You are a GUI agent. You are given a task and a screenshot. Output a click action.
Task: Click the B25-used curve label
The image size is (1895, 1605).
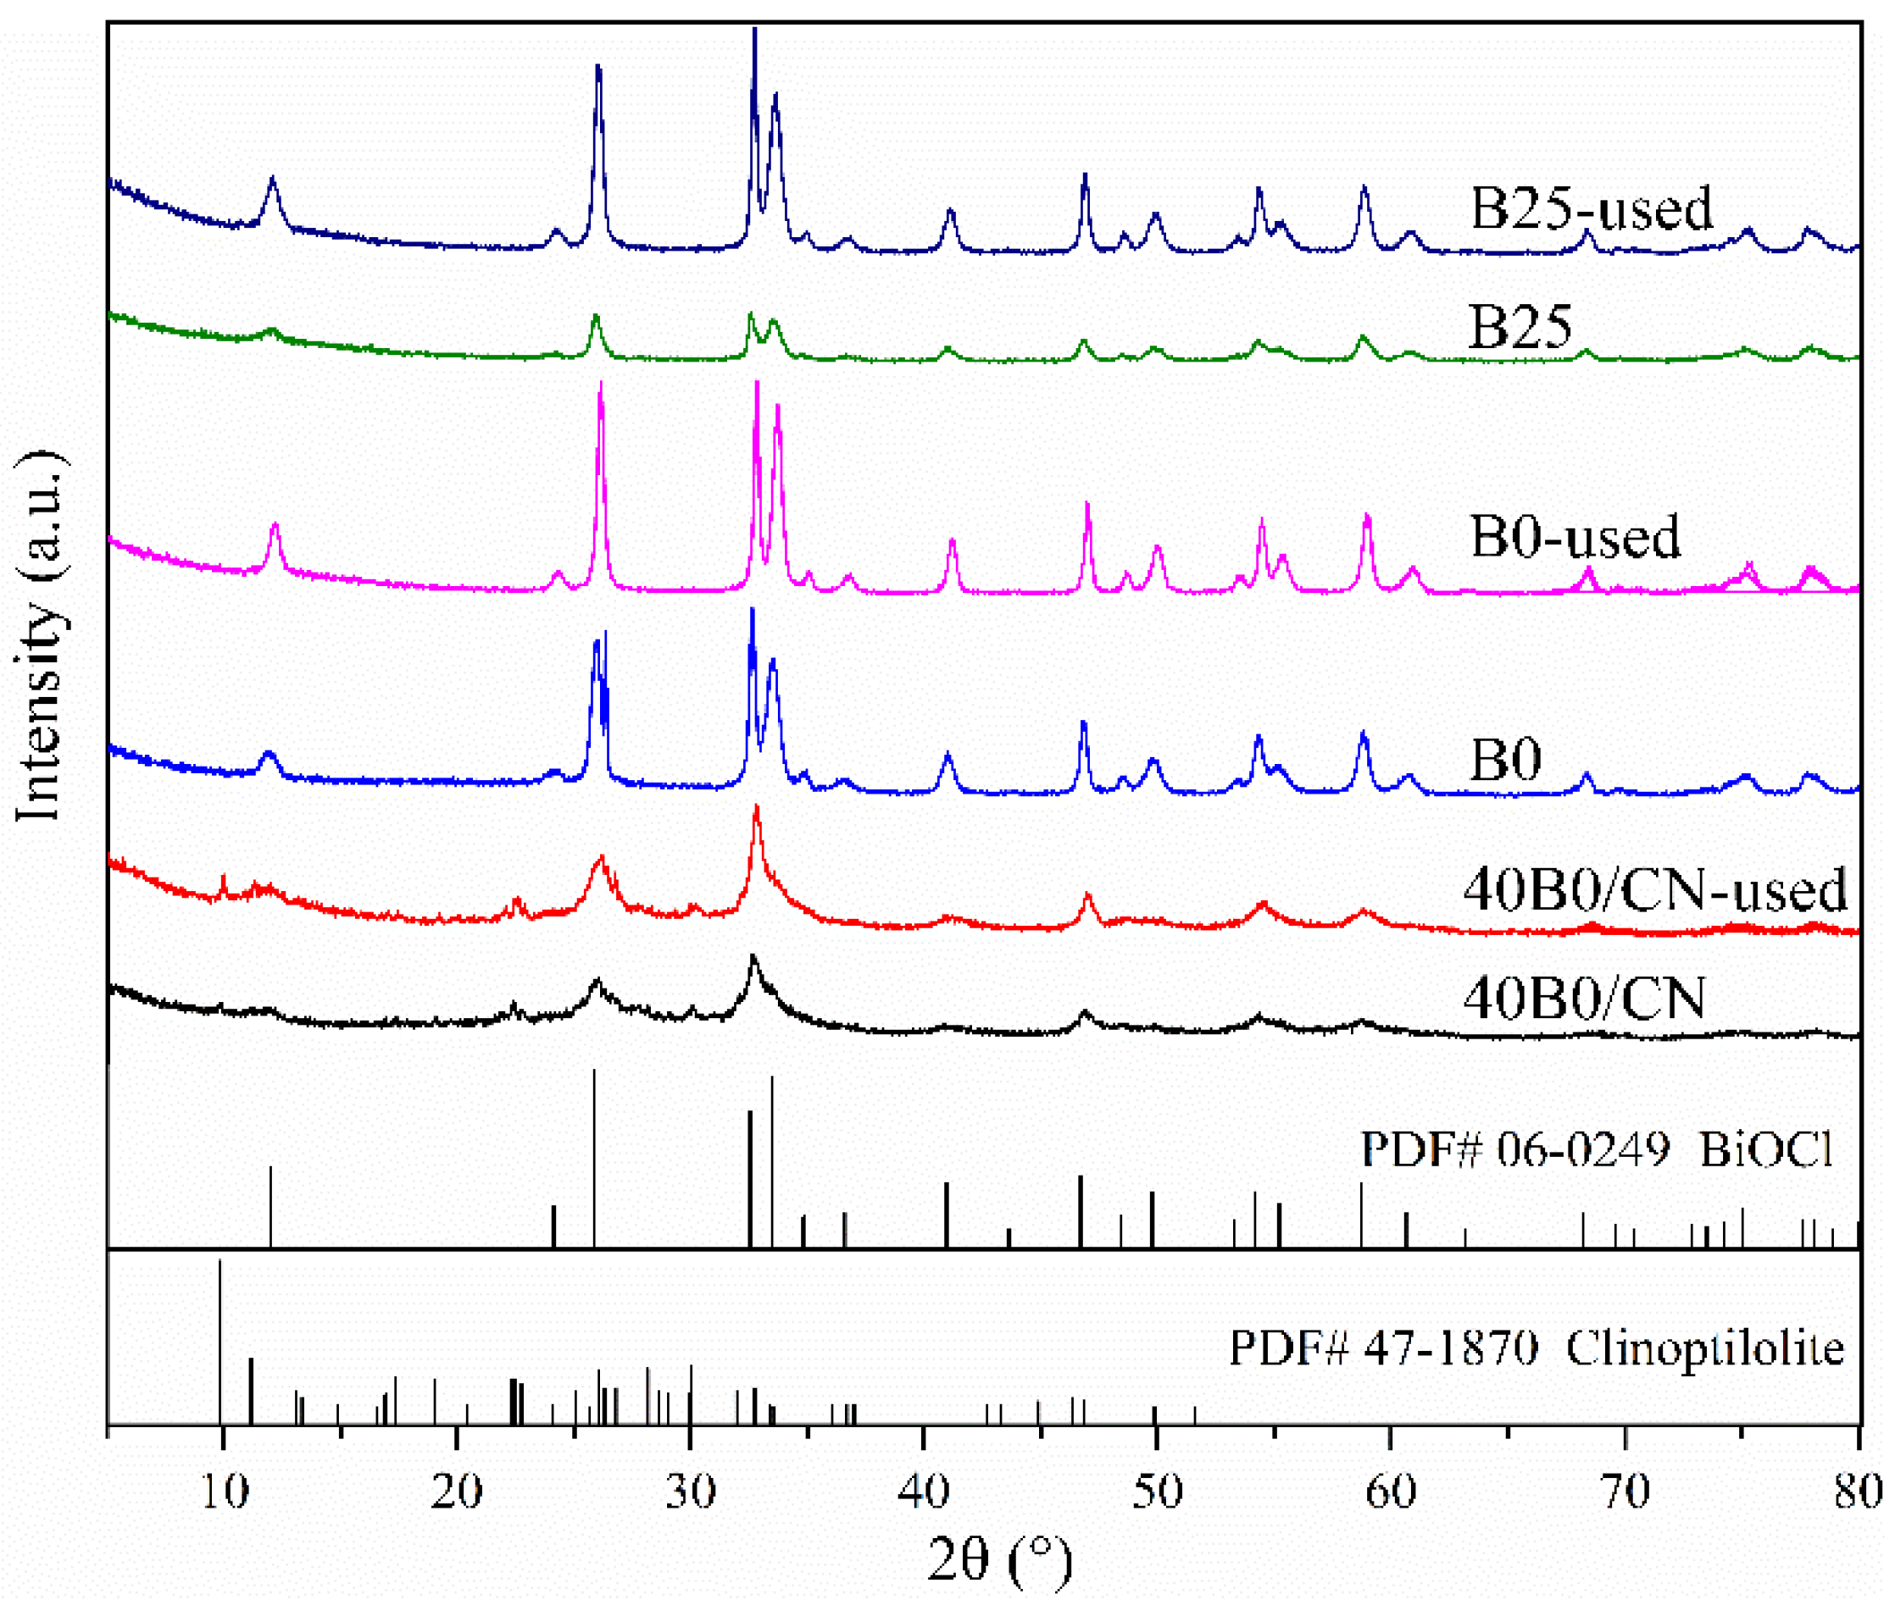tap(1591, 208)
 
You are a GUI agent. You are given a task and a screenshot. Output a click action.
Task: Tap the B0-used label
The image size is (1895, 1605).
tap(1575, 536)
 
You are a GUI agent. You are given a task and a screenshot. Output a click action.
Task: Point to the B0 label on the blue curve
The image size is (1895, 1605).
tap(1505, 757)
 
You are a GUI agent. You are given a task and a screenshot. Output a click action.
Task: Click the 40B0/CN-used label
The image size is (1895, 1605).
tap(1654, 889)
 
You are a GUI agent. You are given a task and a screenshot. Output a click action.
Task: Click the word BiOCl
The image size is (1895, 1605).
tap(1764, 1149)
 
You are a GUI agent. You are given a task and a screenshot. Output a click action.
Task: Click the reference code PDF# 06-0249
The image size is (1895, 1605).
tap(1514, 1149)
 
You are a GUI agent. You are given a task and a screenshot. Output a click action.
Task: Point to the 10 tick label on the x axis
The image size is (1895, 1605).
tap(222, 1492)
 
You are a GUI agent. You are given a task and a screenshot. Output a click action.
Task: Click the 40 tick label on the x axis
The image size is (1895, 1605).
tap(923, 1492)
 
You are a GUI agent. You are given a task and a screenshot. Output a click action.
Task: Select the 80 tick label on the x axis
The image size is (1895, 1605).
tap(1857, 1492)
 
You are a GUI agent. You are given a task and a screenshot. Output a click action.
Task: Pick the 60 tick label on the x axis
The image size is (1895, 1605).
tap(1391, 1492)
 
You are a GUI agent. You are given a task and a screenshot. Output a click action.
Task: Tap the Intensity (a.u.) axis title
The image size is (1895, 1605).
tap(38, 637)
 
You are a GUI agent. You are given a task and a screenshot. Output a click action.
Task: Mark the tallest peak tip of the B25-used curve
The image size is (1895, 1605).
tap(754, 29)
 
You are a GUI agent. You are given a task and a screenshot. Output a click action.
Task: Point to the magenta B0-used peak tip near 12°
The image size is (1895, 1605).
tap(275, 525)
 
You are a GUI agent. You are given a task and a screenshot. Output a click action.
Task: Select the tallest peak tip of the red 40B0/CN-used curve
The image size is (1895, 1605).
tap(755, 807)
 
